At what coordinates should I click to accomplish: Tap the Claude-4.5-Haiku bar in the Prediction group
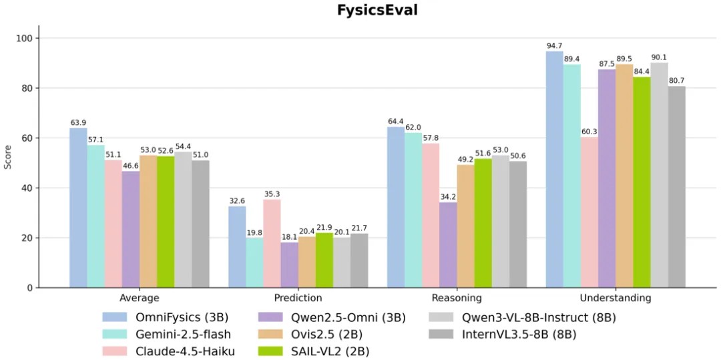(x=272, y=244)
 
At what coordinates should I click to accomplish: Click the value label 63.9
(x=79, y=123)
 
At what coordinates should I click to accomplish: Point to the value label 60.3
(x=589, y=132)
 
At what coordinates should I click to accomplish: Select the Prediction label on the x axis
(x=298, y=298)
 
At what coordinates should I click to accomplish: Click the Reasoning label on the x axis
(x=457, y=298)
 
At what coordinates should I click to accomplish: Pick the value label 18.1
(x=290, y=237)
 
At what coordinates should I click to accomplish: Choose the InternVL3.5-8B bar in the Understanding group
(x=676, y=187)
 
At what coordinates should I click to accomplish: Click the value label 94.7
(x=555, y=46)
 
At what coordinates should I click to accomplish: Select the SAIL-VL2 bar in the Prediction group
(x=324, y=260)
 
